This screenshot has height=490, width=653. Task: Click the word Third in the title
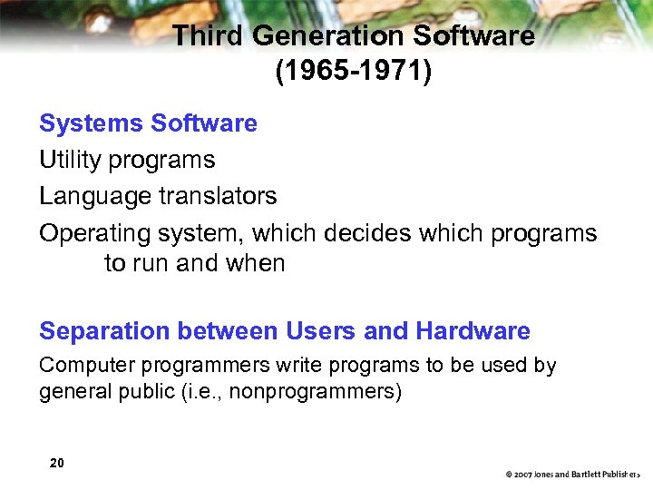click(x=209, y=36)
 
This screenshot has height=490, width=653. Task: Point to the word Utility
click(x=70, y=161)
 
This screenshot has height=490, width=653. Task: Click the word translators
click(x=218, y=196)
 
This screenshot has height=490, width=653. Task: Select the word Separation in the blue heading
click(x=105, y=332)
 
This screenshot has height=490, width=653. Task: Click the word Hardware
click(x=473, y=332)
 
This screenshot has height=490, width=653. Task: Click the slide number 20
click(x=57, y=464)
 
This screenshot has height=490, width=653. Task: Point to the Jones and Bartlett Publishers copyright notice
click(x=573, y=474)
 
